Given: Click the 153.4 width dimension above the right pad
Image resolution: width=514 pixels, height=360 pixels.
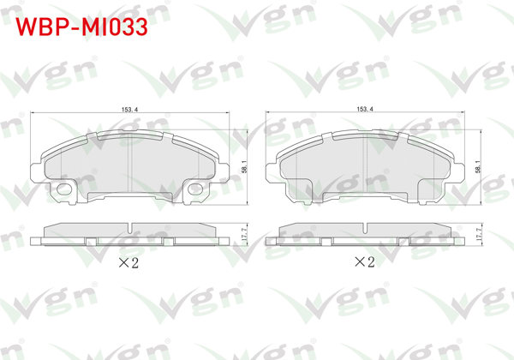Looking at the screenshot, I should point(366,111).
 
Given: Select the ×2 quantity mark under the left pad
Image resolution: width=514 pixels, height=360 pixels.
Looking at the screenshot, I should point(127,263).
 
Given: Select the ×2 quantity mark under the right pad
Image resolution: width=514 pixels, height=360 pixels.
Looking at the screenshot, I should point(365,263).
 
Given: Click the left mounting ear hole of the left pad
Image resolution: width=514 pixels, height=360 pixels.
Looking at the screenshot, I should point(63,189).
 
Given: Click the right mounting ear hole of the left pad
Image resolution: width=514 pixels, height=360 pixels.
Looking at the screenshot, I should point(196,189).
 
